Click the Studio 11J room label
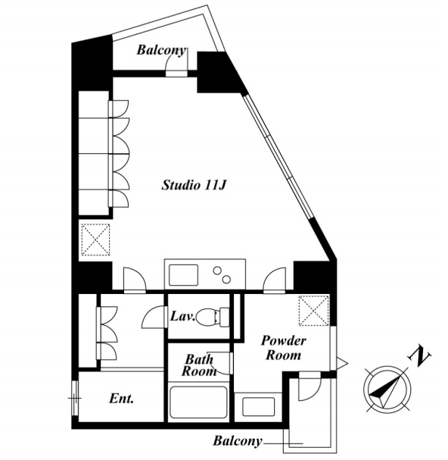click(x=194, y=186)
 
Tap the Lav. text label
click(x=183, y=317)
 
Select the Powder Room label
click(x=283, y=348)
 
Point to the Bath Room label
click(x=199, y=365)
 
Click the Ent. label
click(x=121, y=399)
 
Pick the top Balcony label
click(x=161, y=50)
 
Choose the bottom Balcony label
click(x=238, y=440)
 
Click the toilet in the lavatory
click(x=213, y=317)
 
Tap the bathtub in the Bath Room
click(x=198, y=402)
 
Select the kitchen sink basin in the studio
click(x=184, y=275)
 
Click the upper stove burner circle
click(x=217, y=271)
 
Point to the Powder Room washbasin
click(x=258, y=407)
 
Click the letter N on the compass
click(x=419, y=357)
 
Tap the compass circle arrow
click(x=387, y=390)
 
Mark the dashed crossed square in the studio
click(x=95, y=239)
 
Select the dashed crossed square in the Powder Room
click(x=314, y=311)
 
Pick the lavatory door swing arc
click(x=153, y=318)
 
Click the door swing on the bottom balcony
click(x=310, y=388)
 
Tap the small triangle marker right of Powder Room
click(x=341, y=364)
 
